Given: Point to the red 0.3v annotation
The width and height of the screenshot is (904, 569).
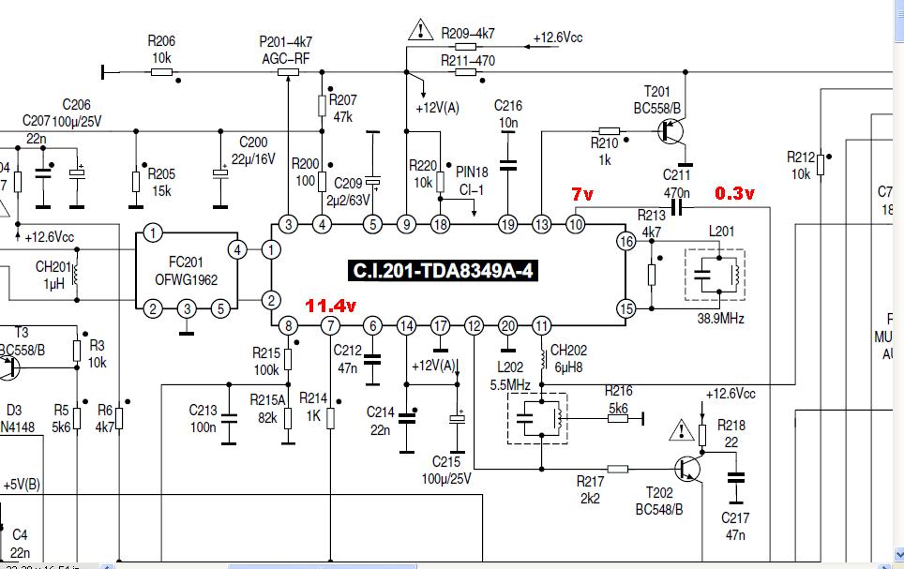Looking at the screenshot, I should pyautogui.click(x=735, y=194).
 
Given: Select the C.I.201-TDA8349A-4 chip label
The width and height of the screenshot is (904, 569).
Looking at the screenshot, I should pyautogui.click(x=445, y=272).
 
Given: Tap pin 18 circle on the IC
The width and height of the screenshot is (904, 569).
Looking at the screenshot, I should pyautogui.click(x=440, y=224).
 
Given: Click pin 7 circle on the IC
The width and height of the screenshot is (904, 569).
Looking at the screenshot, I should pyautogui.click(x=330, y=326).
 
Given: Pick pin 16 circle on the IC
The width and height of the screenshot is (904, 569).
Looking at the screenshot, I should pyautogui.click(x=625, y=242).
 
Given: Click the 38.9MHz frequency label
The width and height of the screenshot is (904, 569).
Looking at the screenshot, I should pyautogui.click(x=720, y=319).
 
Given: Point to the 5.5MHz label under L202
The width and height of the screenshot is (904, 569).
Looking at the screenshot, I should pyautogui.click(x=510, y=384).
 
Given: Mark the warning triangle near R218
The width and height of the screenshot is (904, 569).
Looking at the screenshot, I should pyautogui.click(x=678, y=432).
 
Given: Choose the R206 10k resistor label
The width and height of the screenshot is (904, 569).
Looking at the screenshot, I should pyautogui.click(x=160, y=49).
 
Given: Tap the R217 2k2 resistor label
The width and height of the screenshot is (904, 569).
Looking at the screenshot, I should pyautogui.click(x=591, y=489).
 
